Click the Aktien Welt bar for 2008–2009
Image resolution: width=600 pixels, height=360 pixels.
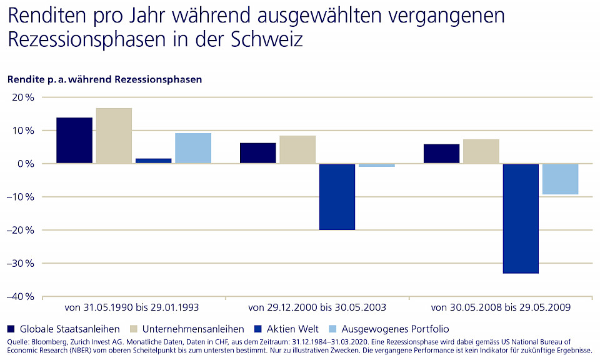(521, 218)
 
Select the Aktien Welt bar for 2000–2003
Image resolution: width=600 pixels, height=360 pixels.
(337, 196)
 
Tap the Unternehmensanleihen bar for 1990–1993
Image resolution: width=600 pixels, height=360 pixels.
(114, 136)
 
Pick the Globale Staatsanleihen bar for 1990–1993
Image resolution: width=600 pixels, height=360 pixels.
(74, 141)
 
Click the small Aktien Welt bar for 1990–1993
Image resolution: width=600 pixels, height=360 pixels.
(153, 161)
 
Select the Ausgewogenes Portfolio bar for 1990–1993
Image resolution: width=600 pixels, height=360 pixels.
(193, 148)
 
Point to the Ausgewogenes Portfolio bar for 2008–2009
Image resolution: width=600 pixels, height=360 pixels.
(560, 179)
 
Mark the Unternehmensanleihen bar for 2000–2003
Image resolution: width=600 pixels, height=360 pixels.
(297, 149)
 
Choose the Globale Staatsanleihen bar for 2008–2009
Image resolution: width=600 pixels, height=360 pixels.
(441, 154)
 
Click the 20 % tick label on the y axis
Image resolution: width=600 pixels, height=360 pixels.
(21, 97)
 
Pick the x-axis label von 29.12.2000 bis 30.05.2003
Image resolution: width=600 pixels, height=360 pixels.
(317, 307)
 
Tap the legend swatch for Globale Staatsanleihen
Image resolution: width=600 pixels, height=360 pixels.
(11, 329)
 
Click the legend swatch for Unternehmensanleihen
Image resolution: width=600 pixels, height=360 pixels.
(134, 329)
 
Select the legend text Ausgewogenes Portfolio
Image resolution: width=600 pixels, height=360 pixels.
(396, 329)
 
